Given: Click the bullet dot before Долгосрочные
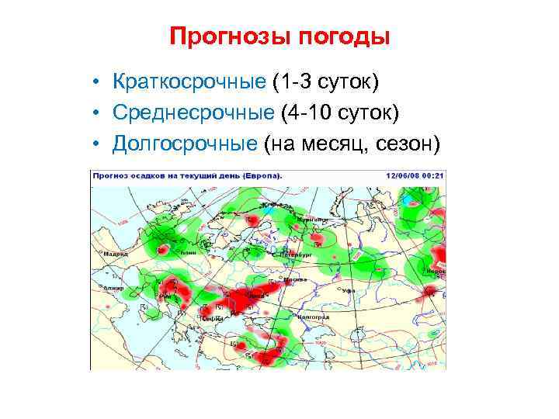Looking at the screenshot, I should point(94,145).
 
